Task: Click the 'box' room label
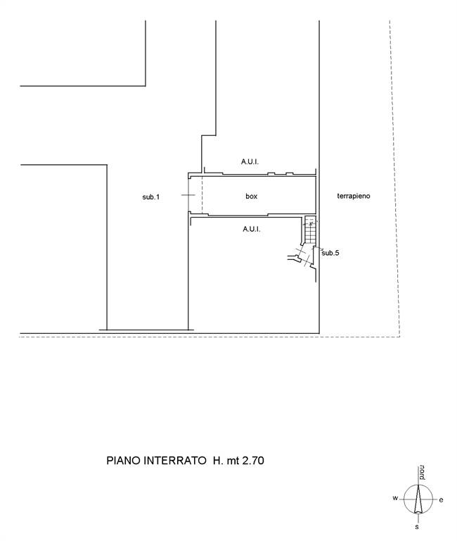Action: tap(252, 196)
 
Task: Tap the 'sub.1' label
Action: tap(151, 197)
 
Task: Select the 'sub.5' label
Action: tap(330, 253)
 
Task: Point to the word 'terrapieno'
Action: tap(354, 196)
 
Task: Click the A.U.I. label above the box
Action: tap(250, 161)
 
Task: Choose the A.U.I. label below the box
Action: tap(252, 229)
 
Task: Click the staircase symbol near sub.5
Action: tap(310, 230)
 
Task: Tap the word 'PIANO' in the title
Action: tap(123, 461)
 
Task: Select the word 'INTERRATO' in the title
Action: tap(174, 461)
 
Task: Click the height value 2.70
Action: tap(253, 461)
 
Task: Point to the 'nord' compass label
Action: tap(423, 473)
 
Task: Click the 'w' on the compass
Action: tap(395, 498)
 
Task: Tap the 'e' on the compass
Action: tap(441, 500)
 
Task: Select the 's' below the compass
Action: tap(417, 527)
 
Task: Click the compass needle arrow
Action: tap(418, 499)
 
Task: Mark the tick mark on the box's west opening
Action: tap(188, 195)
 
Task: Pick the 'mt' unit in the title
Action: tap(233, 461)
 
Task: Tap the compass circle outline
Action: tap(404, 499)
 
